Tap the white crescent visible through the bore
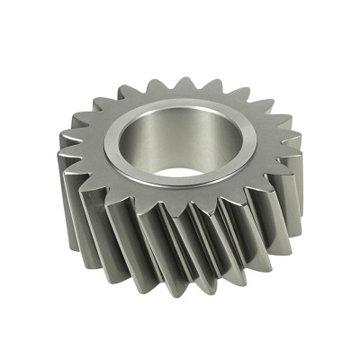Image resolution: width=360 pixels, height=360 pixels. (177, 171)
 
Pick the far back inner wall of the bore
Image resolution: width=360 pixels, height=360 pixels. (184, 121)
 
